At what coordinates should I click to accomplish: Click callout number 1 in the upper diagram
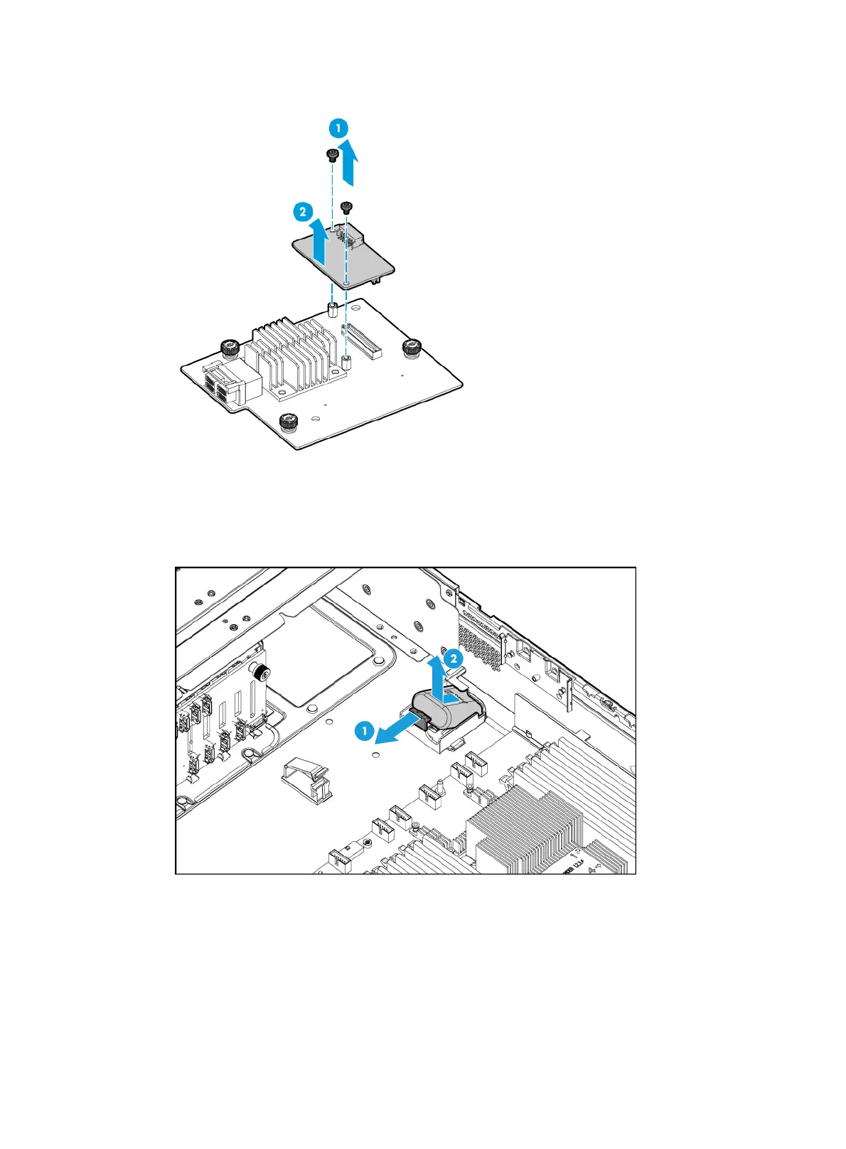coord(338,129)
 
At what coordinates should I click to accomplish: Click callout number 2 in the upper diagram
coord(303,211)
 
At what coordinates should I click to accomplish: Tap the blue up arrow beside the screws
coord(348,161)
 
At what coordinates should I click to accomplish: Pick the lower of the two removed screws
coord(346,207)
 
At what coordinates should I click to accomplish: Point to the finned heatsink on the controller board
coord(288,355)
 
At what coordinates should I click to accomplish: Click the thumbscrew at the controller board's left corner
coord(230,349)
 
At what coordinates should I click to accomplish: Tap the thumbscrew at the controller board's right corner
coord(412,348)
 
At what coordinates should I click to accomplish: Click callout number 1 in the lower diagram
coord(365,730)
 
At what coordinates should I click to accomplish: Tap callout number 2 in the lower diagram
coord(453,658)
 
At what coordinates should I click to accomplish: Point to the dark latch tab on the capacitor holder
coord(421,721)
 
